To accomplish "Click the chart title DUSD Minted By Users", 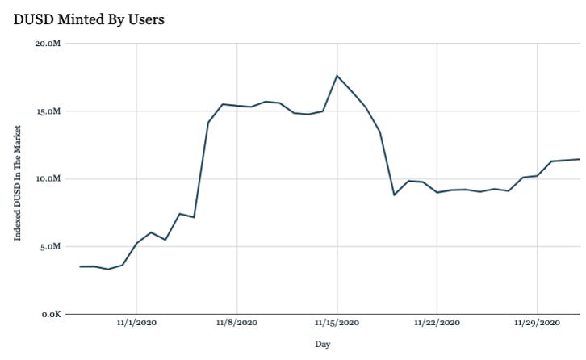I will point(89,19).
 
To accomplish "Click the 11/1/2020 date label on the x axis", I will point(136,323).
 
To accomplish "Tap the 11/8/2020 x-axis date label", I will point(236,323).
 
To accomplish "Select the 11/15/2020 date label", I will point(337,323).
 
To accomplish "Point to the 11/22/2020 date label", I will point(437,323).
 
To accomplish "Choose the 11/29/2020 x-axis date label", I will point(537,323).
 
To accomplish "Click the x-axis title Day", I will point(323,345).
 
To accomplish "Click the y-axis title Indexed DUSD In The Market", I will point(18,178).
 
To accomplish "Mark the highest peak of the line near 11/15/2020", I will point(337,76).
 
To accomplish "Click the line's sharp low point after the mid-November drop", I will point(394,195).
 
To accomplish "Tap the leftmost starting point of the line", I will point(80,266).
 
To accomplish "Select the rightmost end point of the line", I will point(580,159).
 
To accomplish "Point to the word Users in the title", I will point(145,19).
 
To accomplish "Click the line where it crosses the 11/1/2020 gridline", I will point(136,243).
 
